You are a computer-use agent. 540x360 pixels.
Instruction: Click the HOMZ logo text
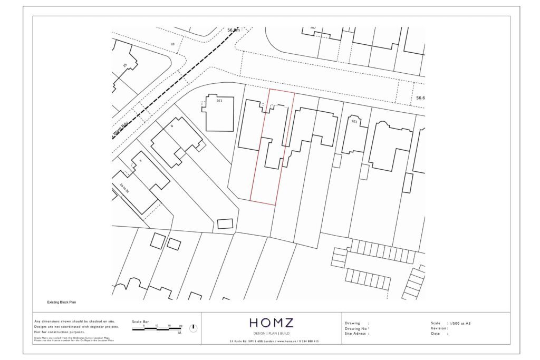[272, 323]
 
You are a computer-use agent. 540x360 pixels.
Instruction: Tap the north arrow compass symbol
[193, 328]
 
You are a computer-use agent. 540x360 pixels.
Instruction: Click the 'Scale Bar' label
[140, 321]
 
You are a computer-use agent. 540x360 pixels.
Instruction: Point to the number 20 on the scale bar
[180, 326]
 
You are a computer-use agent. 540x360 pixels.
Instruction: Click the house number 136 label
[219, 100]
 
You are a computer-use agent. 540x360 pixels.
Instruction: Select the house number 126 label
[354, 121]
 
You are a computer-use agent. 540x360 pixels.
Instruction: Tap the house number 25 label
[125, 65]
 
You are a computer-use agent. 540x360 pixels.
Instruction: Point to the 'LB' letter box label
[172, 44]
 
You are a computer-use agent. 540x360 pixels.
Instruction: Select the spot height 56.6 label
[420, 98]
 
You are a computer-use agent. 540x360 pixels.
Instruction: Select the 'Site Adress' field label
[356, 334]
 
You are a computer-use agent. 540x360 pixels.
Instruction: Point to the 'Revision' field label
[439, 328]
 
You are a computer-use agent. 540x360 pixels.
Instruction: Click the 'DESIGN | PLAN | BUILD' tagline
[272, 334]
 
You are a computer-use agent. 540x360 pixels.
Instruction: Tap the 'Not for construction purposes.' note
[59, 332]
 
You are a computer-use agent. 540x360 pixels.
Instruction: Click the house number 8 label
[171, 127]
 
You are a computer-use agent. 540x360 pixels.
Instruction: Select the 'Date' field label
[436, 334]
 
